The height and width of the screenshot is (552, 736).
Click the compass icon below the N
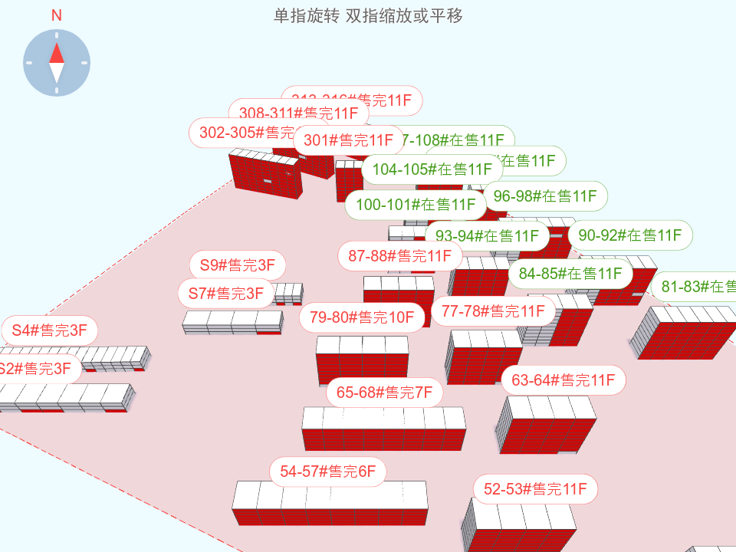[57, 63]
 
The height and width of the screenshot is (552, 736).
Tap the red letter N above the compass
[56, 15]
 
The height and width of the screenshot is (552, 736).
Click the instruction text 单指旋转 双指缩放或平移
[368, 15]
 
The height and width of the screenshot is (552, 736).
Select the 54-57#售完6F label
[328, 472]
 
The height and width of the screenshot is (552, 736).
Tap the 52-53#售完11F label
[535, 488]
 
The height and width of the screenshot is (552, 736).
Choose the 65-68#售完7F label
[385, 393]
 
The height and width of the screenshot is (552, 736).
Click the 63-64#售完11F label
[563, 379]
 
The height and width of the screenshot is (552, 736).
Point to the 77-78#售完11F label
[493, 310]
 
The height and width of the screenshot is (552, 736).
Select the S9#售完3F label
[238, 266]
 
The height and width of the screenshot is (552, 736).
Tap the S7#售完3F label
[226, 293]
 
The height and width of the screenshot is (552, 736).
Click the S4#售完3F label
[50, 330]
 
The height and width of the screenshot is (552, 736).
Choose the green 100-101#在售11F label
[416, 204]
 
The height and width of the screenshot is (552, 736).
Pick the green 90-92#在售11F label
[630, 235]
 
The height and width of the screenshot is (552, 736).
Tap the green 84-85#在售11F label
[570, 273]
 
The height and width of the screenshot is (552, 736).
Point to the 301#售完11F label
[349, 140]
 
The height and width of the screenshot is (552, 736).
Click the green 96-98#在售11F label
[545, 196]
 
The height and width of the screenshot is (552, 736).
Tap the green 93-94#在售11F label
[487, 235]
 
